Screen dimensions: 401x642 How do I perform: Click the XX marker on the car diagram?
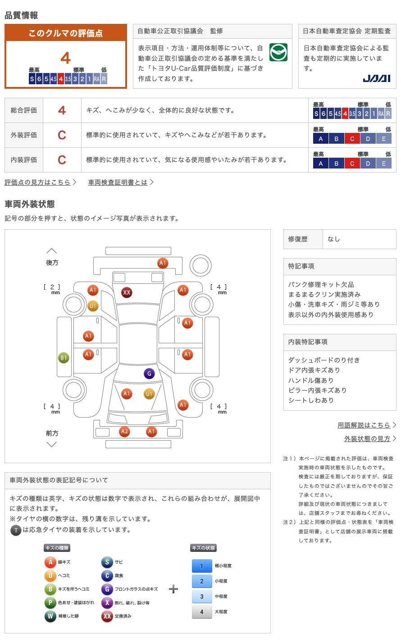click(x=127, y=292)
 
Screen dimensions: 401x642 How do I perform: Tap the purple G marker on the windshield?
click(x=149, y=373)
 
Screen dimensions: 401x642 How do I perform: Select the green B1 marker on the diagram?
click(x=64, y=358)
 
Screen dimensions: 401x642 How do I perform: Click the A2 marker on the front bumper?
click(x=124, y=431)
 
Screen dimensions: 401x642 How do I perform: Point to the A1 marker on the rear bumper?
click(x=163, y=263)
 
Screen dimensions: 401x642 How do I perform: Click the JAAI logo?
click(x=376, y=78)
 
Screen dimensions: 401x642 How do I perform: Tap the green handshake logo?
click(x=278, y=52)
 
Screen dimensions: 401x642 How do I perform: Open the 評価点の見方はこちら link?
click(x=37, y=182)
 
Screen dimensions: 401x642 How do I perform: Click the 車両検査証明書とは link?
click(x=118, y=182)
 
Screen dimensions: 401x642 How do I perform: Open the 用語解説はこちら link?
click(x=364, y=425)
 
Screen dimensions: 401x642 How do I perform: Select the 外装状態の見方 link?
click(x=367, y=438)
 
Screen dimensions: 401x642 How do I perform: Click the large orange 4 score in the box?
click(x=66, y=58)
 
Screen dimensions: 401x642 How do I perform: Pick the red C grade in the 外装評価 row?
click(x=62, y=135)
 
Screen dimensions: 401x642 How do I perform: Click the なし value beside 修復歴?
click(x=334, y=239)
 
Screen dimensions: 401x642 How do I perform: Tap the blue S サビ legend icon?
click(x=107, y=562)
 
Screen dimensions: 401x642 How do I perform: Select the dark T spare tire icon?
click(x=16, y=530)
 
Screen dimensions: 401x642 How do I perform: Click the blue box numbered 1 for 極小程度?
click(x=202, y=566)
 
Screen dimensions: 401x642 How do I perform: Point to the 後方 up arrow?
click(x=52, y=250)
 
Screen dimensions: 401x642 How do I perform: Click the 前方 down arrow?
click(x=52, y=444)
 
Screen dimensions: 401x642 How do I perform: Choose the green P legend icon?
click(x=50, y=602)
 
